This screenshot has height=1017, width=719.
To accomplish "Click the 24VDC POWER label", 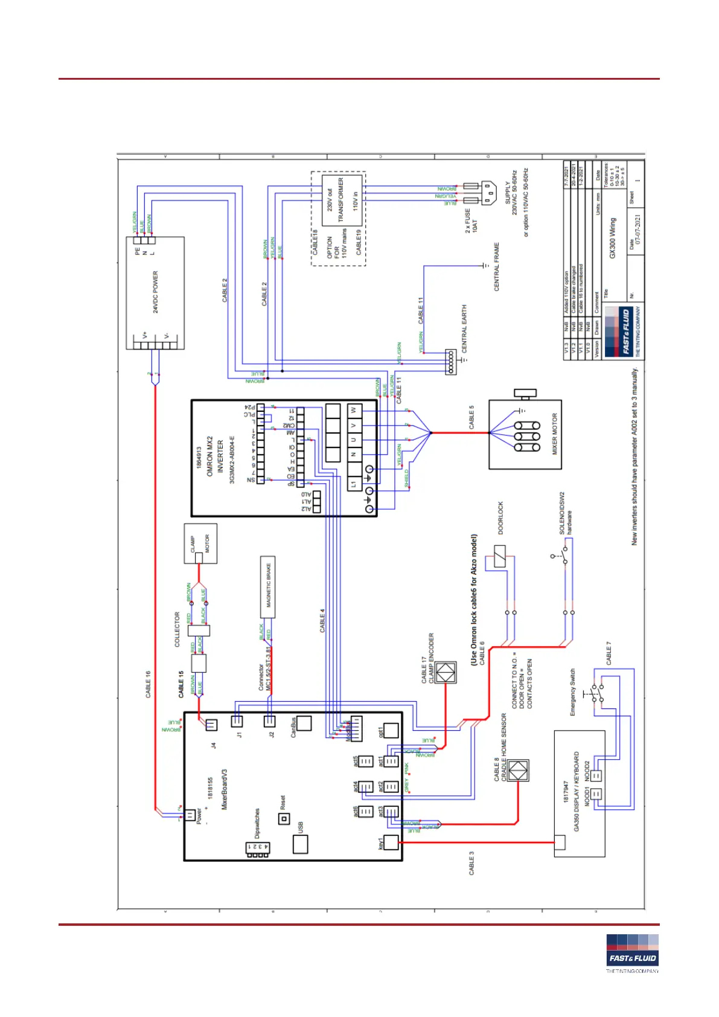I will pyautogui.click(x=156, y=292).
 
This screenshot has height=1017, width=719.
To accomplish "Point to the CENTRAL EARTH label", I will pyautogui.click(x=464, y=329).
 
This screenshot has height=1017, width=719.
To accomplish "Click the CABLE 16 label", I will pyautogui.click(x=149, y=684).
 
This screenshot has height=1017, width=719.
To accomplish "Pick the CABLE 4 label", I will pyautogui.click(x=322, y=620).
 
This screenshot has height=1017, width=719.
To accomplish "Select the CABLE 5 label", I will pyautogui.click(x=472, y=417).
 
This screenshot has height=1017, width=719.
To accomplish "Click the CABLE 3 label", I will pyautogui.click(x=472, y=864).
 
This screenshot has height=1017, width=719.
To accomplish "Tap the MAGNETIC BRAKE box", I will pyautogui.click(x=268, y=586).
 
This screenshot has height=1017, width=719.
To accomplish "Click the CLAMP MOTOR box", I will pyautogui.click(x=200, y=544).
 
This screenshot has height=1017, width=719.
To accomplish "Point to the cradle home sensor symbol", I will pyautogui.click(x=518, y=771).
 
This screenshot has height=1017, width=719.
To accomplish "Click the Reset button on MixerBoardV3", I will pyautogui.click(x=284, y=819).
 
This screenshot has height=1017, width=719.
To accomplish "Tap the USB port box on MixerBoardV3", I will pyautogui.click(x=301, y=844).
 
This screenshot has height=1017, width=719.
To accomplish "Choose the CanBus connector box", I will pyautogui.click(x=304, y=723).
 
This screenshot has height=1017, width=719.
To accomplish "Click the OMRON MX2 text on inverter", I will pyautogui.click(x=210, y=457).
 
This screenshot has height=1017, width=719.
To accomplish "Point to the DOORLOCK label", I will pyautogui.click(x=500, y=518).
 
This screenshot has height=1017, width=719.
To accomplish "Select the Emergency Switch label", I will pyautogui.click(x=573, y=692).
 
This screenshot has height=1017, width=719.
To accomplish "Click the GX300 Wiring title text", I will pyautogui.click(x=613, y=239).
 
